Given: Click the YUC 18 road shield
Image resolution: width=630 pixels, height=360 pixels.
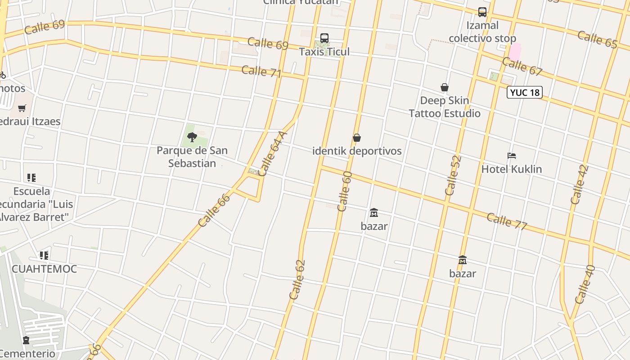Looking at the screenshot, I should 525,92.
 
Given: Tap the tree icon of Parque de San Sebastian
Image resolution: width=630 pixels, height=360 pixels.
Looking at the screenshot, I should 192,137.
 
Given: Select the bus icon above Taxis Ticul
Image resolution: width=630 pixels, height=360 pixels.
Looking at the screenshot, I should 324,38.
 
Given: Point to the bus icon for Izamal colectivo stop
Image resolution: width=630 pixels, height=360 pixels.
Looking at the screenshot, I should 482,12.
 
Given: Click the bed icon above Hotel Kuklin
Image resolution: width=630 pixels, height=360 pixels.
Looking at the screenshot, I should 512,156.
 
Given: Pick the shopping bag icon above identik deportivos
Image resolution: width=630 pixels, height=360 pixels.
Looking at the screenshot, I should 357,138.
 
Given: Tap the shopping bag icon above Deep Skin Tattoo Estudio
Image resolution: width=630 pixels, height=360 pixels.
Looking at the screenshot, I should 445,87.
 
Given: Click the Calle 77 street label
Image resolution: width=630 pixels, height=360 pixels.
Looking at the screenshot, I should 507,221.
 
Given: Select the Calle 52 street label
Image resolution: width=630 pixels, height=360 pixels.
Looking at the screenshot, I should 453,175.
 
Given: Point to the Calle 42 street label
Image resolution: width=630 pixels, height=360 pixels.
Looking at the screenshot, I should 579,185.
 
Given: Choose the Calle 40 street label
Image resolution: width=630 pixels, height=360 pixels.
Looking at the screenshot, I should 585,284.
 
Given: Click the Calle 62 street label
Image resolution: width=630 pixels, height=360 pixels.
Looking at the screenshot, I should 297,280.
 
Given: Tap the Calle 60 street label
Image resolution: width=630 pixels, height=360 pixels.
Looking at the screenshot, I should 344,191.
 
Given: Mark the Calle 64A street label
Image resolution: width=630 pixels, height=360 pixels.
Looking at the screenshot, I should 273,153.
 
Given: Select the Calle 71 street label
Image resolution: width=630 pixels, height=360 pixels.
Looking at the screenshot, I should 261,71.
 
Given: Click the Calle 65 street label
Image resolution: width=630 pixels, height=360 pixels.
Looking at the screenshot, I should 597,39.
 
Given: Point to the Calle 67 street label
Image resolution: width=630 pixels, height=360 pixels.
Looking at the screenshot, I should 522,67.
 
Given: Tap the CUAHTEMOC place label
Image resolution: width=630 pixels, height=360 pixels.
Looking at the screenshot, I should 44,269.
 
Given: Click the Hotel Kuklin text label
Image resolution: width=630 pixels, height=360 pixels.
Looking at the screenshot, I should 512,169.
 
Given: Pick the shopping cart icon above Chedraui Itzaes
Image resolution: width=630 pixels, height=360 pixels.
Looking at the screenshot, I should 22,108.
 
